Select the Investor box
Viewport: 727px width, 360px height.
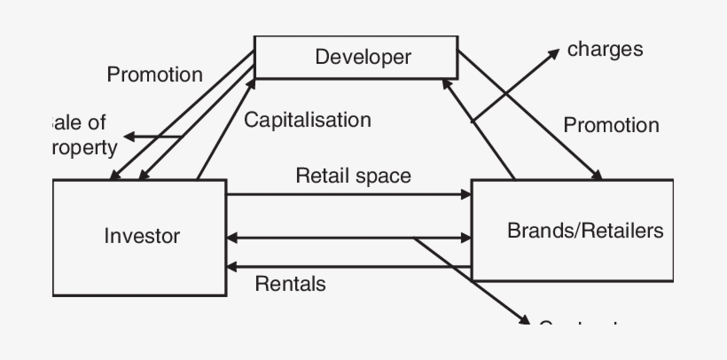click(x=140, y=237)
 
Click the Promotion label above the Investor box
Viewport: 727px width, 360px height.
click(x=154, y=74)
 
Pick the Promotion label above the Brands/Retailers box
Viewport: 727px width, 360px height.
click(x=611, y=125)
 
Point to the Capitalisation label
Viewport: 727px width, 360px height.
click(x=307, y=120)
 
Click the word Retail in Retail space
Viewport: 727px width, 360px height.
click(x=322, y=176)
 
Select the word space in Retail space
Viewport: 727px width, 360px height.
click(x=383, y=176)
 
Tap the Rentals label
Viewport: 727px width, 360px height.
click(x=290, y=284)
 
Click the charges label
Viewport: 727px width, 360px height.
click(x=605, y=49)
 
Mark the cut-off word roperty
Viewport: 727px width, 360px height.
click(x=86, y=147)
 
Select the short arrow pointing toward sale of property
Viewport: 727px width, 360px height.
click(x=151, y=137)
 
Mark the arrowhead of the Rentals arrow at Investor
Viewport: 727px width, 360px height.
click(x=233, y=266)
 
